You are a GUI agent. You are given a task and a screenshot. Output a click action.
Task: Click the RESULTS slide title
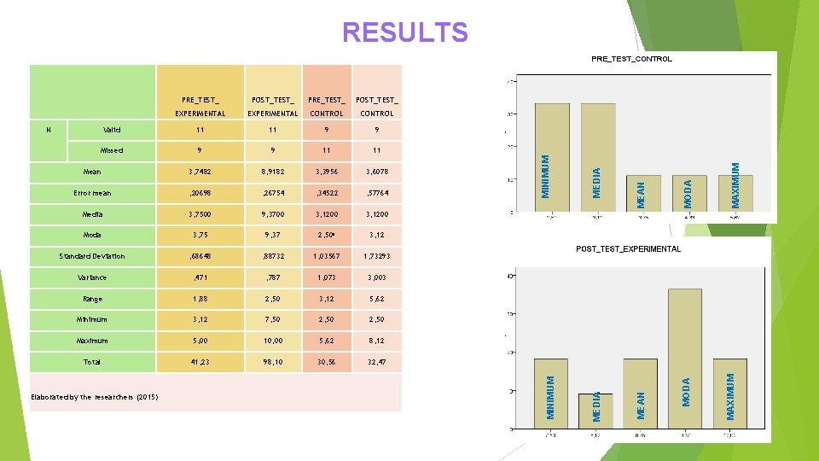click(405, 32)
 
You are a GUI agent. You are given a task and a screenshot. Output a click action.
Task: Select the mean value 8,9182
click(272, 172)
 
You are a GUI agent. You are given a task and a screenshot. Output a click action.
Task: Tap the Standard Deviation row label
click(92, 256)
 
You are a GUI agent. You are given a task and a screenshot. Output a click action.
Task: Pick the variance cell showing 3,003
click(377, 277)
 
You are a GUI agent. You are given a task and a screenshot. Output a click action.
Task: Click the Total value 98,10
click(272, 362)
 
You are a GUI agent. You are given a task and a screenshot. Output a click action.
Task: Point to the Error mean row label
click(92, 193)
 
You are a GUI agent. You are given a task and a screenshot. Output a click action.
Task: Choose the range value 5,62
click(377, 299)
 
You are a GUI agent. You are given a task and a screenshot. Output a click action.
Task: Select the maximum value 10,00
click(272, 341)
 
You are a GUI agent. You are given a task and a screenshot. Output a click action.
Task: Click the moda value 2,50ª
click(328, 235)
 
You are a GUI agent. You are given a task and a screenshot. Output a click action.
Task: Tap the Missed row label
click(112, 150)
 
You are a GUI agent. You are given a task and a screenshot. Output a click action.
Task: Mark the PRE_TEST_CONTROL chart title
click(631, 59)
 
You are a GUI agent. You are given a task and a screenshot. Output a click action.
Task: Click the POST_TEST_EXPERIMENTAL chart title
click(628, 248)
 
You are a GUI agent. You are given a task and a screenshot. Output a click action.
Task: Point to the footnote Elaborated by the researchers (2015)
click(94, 397)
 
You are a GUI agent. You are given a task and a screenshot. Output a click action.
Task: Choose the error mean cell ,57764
click(377, 193)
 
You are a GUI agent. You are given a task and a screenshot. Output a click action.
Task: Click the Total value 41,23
click(200, 362)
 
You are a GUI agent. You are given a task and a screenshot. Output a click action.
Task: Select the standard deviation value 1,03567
click(328, 256)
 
